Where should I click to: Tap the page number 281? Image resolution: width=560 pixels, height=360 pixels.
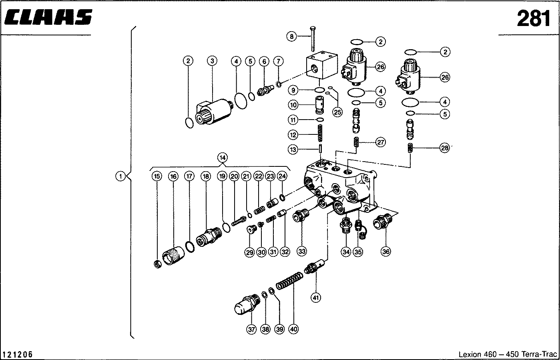(533, 18)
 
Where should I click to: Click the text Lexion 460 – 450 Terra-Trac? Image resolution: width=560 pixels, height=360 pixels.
(507, 354)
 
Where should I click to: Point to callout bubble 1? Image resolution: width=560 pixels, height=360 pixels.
(120, 176)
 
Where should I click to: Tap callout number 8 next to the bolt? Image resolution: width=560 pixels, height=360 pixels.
(292, 37)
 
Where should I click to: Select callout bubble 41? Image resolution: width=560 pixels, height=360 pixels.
(317, 297)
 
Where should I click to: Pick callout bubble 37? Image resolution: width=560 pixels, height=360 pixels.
(251, 329)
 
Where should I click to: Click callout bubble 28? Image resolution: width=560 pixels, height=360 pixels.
(444, 148)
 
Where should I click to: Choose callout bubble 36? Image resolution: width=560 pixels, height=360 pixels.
(385, 252)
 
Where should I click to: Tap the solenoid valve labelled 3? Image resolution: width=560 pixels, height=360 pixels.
(214, 112)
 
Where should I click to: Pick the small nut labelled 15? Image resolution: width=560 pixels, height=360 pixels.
(158, 264)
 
